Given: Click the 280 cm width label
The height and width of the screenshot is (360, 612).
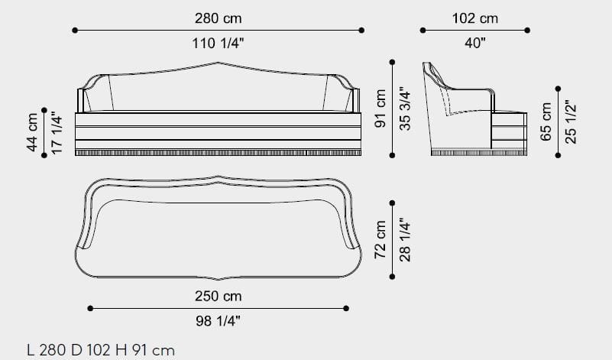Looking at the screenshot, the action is coord(219,18).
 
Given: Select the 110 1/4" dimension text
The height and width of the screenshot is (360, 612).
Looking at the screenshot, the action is coord(218,43).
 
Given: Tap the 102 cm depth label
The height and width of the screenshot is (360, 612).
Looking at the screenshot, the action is coord(475,18).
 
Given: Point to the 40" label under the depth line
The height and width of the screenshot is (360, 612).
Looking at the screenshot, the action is coord(475,43).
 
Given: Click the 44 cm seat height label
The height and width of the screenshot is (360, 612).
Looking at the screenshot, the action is coord(32,132).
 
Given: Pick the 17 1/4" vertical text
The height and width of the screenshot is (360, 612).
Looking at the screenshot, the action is coord(57,133).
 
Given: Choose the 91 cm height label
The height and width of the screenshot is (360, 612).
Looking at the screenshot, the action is coord(380,109).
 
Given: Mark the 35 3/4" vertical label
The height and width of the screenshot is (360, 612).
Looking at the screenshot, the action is coord(404,109).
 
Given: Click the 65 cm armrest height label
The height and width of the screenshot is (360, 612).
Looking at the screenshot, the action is coord(546,122).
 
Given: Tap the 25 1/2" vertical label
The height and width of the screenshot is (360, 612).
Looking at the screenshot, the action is coord(570,122).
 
